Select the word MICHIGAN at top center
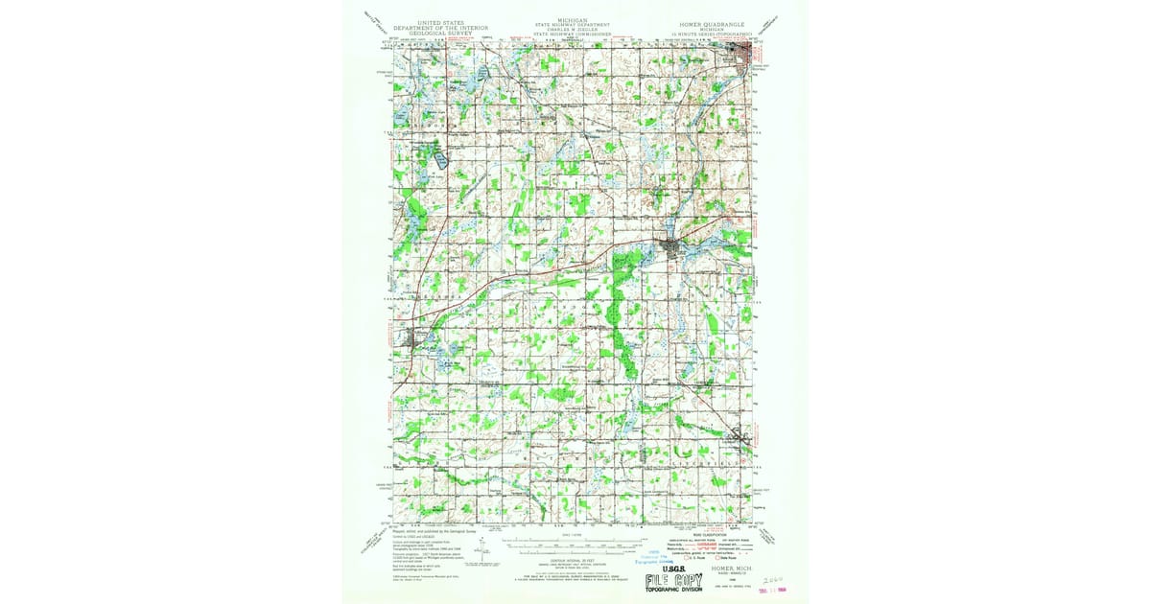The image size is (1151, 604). coord(575,18)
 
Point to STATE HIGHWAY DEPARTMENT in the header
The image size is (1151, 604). coord(575,24)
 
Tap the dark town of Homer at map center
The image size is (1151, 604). coord(671,251)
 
